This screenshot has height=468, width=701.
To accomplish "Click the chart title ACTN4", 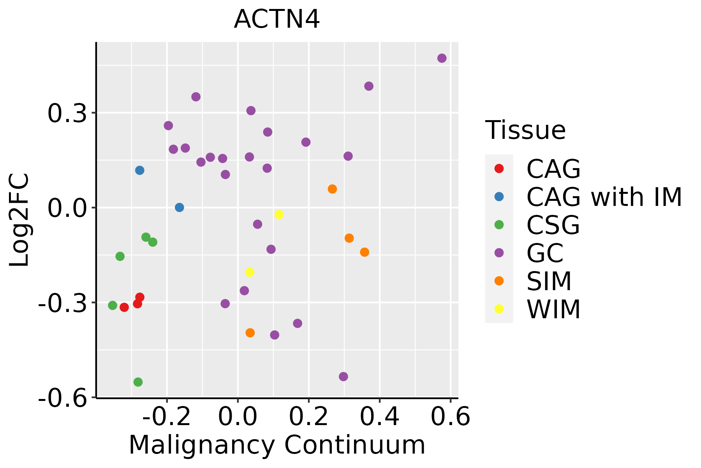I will point(277,19).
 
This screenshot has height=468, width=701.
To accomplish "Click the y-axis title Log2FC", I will point(19,220).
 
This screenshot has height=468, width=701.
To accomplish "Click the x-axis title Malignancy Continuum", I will point(277,445).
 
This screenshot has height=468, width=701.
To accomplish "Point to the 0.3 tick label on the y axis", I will point(66,113).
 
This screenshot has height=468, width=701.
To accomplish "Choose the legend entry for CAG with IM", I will point(604,197).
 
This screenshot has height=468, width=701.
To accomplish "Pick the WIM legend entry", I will point(553,309).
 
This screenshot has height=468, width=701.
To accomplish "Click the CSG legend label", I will point(553,225).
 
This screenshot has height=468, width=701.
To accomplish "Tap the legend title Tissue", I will point(525,130).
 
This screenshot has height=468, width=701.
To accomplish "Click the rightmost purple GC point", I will point(442,58).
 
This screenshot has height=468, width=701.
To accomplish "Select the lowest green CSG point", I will point(138,382).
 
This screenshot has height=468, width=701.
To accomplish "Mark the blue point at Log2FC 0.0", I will point(179,207).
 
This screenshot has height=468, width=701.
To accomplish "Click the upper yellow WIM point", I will point(279,214).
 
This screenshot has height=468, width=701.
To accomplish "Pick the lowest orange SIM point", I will point(250,333).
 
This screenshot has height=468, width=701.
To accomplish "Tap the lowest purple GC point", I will point(343,376).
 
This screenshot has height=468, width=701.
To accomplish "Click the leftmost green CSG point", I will point(113,305).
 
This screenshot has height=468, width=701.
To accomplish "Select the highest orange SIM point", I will point(332,189).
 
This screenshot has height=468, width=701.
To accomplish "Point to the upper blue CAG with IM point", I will point(140,170).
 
